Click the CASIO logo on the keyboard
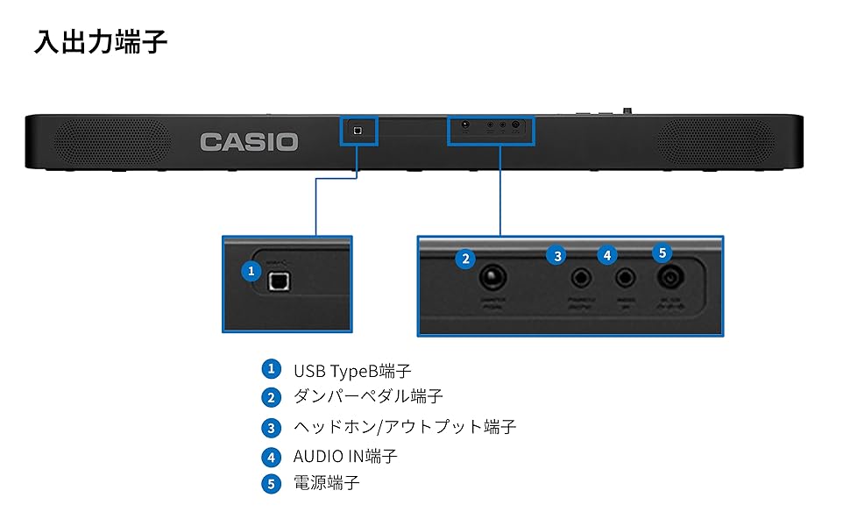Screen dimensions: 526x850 point(249,142)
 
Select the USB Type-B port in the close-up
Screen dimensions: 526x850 point(280,281)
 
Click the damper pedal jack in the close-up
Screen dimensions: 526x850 point(492,279)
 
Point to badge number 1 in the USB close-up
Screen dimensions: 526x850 point(251,271)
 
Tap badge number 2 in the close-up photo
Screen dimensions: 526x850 point(466,258)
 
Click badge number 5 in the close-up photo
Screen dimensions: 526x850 point(662,252)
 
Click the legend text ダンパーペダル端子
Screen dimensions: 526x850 point(368,397)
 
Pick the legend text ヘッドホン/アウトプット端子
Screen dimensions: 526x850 point(404,427)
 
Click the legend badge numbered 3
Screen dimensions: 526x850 point(272,428)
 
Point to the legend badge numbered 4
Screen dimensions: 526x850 point(272,457)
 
